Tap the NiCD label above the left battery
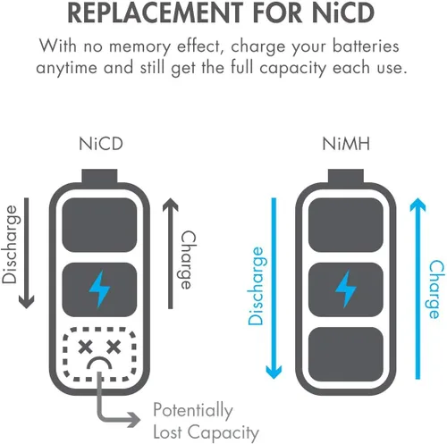[101, 144]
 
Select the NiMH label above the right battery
[346, 144]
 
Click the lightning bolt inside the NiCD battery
[100, 289]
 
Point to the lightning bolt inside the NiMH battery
[346, 289]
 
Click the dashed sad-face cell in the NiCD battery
[99, 355]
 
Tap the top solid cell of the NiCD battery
[99, 225]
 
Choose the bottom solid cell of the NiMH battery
[346, 355]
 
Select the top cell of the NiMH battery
[346, 225]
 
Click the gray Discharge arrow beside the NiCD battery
[27, 253]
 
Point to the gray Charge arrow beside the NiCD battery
[171, 253]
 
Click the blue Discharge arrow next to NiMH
[274, 289]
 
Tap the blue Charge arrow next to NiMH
[417, 289]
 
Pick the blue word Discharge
[256, 286]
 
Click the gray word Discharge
[10, 244]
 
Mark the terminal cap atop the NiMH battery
[346, 176]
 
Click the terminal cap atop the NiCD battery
[99, 176]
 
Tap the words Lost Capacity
[206, 432]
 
